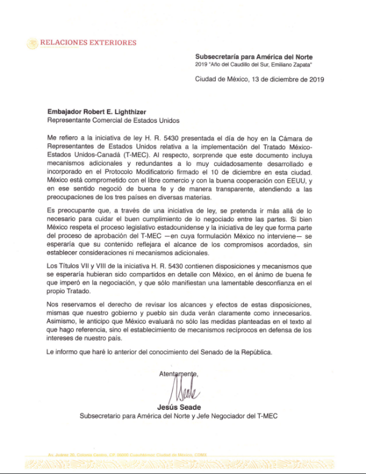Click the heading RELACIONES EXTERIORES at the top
pyautogui.click(x=88, y=43)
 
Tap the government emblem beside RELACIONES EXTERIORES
pyautogui.click(x=32, y=43)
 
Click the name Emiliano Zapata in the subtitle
pyautogui.click(x=292, y=64)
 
